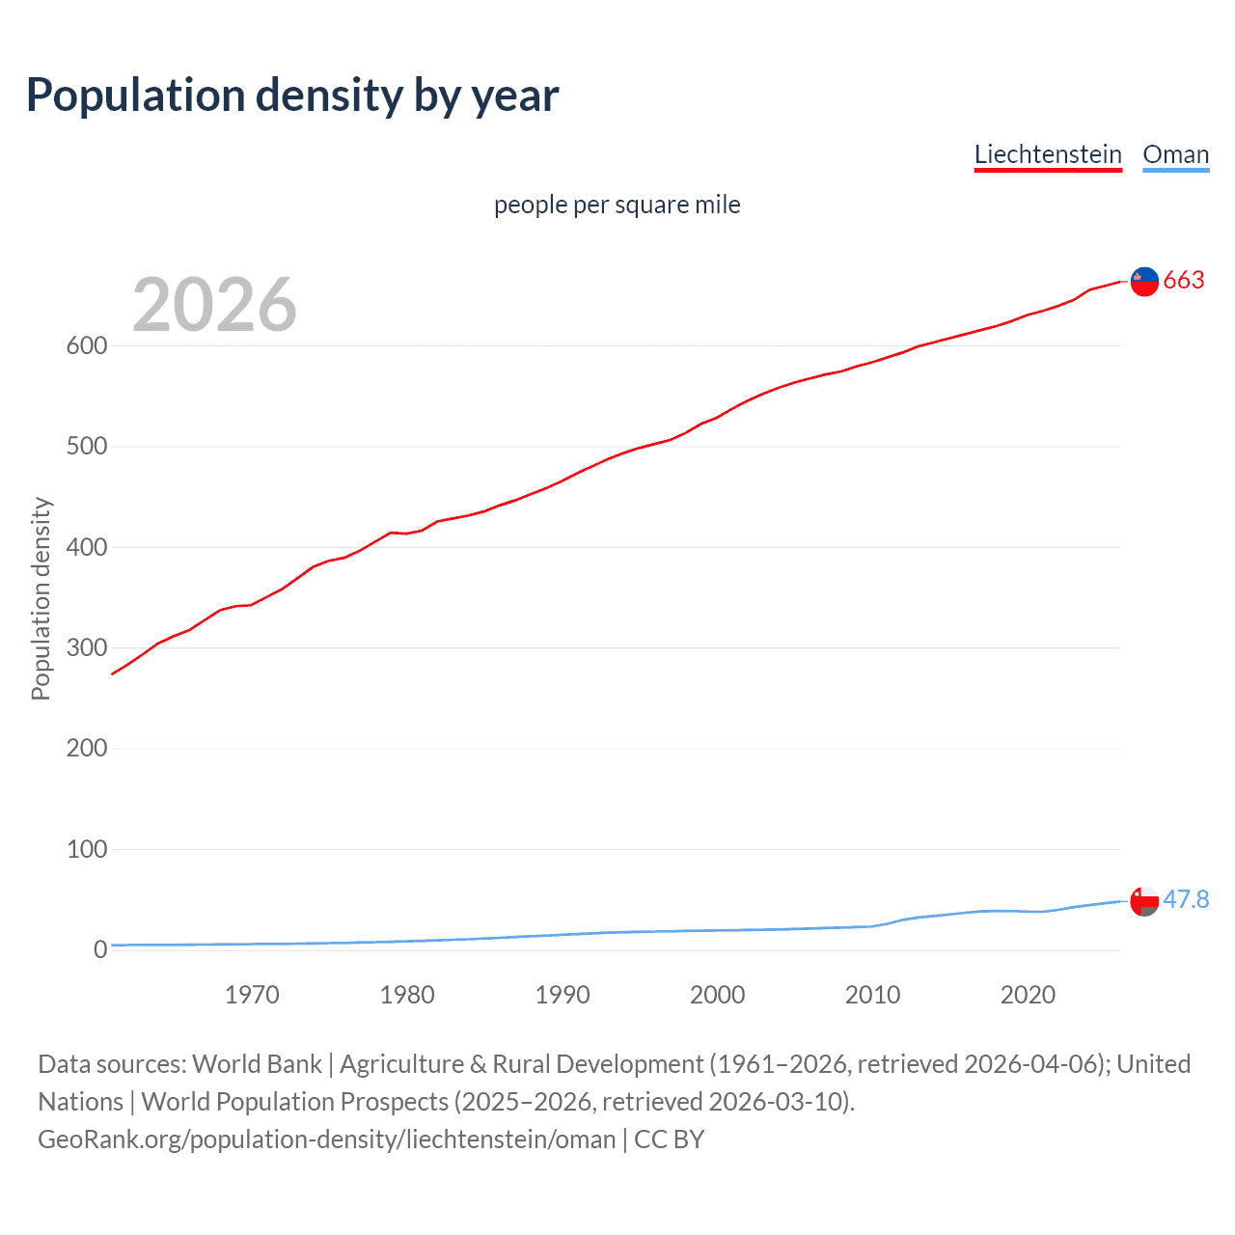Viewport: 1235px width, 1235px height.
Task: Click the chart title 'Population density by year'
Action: pyautogui.click(x=292, y=96)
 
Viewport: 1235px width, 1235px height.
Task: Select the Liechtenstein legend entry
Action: pyautogui.click(x=1048, y=154)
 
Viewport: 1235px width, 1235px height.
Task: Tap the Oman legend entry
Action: pyautogui.click(x=1175, y=154)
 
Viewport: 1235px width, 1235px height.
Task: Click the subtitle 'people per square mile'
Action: pyautogui.click(x=617, y=205)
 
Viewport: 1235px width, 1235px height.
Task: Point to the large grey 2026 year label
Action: pyautogui.click(x=214, y=304)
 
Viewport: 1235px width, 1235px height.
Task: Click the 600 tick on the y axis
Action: pyautogui.click(x=86, y=345)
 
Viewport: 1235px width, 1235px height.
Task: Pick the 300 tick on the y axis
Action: pyautogui.click(x=86, y=647)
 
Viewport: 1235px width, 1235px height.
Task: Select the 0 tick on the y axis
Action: pyautogui.click(x=100, y=949)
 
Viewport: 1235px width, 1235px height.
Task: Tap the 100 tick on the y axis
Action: pyautogui.click(x=86, y=849)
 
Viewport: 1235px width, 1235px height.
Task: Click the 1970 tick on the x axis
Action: pyautogui.click(x=252, y=995)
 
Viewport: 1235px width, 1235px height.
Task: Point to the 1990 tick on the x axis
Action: pyautogui.click(x=563, y=995)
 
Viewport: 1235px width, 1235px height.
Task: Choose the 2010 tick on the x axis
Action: pyautogui.click(x=872, y=995)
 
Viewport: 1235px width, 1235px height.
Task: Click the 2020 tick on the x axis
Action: pyautogui.click(x=1028, y=995)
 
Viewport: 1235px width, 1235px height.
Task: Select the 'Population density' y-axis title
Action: pyautogui.click(x=41, y=598)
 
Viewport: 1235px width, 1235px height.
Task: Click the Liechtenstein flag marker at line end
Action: pyautogui.click(x=1144, y=281)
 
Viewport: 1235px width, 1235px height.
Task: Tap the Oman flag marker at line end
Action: pyautogui.click(x=1144, y=901)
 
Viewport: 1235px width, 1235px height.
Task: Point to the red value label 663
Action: pyautogui.click(x=1184, y=280)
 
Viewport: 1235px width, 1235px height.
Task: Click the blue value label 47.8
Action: pyautogui.click(x=1186, y=899)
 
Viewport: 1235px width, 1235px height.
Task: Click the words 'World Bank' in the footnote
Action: pyautogui.click(x=257, y=1063)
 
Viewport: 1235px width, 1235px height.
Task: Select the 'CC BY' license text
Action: pyautogui.click(x=669, y=1139)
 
